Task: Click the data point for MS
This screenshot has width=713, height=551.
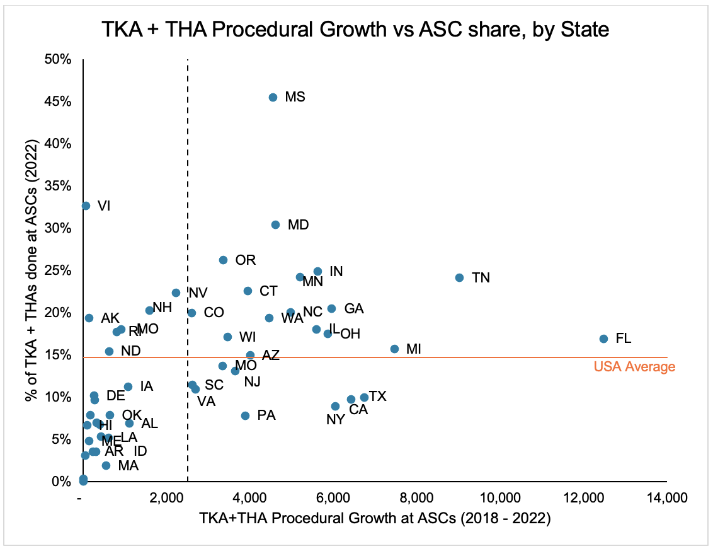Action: tap(273, 97)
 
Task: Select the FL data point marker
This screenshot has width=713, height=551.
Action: tap(603, 339)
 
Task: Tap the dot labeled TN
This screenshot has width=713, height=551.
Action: tap(459, 277)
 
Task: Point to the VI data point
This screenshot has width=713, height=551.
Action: tap(86, 206)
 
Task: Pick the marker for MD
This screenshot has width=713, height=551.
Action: tap(275, 224)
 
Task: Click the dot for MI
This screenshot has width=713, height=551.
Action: tap(394, 349)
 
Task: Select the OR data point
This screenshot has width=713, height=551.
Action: tap(223, 260)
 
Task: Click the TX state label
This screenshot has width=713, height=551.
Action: tap(377, 397)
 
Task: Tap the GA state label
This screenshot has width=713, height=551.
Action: tap(354, 309)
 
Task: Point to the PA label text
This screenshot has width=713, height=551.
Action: tap(266, 415)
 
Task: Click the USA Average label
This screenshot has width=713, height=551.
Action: tap(634, 367)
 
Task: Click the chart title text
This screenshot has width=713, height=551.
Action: tap(356, 29)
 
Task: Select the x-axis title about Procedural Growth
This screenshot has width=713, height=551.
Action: tap(375, 519)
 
